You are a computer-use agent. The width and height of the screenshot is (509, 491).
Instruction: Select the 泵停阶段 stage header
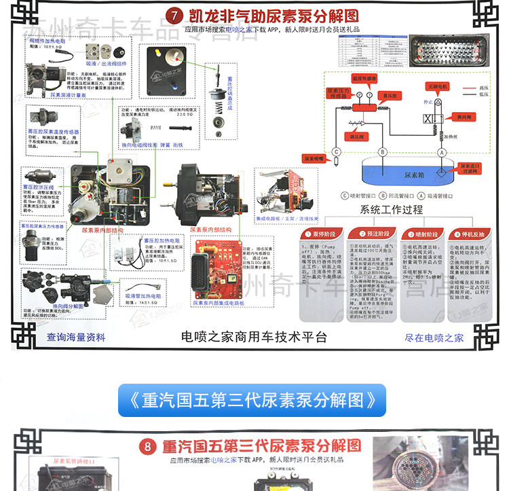[318, 234]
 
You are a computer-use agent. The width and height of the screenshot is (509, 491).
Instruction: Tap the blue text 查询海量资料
[77, 338]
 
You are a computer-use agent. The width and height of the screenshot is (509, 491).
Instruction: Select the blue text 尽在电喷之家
[434, 338]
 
